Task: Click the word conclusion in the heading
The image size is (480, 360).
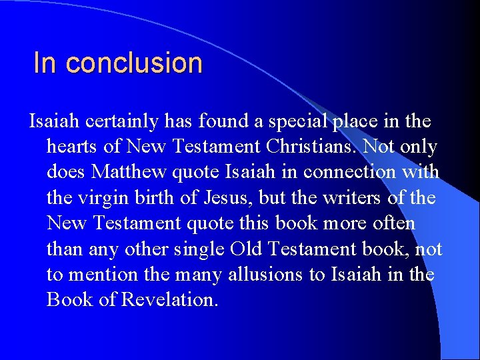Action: click(134, 63)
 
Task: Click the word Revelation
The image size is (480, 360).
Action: click(169, 299)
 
